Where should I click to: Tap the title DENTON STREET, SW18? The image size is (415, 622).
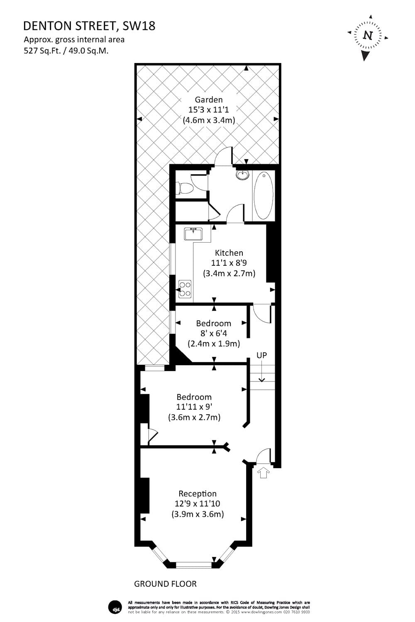coord(89,26)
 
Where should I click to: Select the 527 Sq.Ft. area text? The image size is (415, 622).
coord(41,51)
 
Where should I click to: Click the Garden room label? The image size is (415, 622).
coord(209,100)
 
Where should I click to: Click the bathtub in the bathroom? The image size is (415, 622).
coord(263,196)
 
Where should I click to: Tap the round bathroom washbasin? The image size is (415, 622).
coord(242,175)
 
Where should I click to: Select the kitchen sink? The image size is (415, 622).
coord(193,234)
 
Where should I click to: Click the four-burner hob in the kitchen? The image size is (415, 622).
coord(185,289)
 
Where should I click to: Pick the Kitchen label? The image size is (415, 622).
coord(229,253)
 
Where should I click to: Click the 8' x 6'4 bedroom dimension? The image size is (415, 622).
coord(213,333)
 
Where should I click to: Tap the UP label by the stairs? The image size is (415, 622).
coord(261,355)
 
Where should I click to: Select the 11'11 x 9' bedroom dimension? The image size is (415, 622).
coord(194,407)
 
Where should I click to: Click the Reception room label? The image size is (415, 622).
coord(198,493)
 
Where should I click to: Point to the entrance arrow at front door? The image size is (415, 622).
coord(264,473)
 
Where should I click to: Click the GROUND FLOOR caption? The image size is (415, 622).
coord(165,584)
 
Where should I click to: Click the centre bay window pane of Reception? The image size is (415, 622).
coord(194,564)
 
